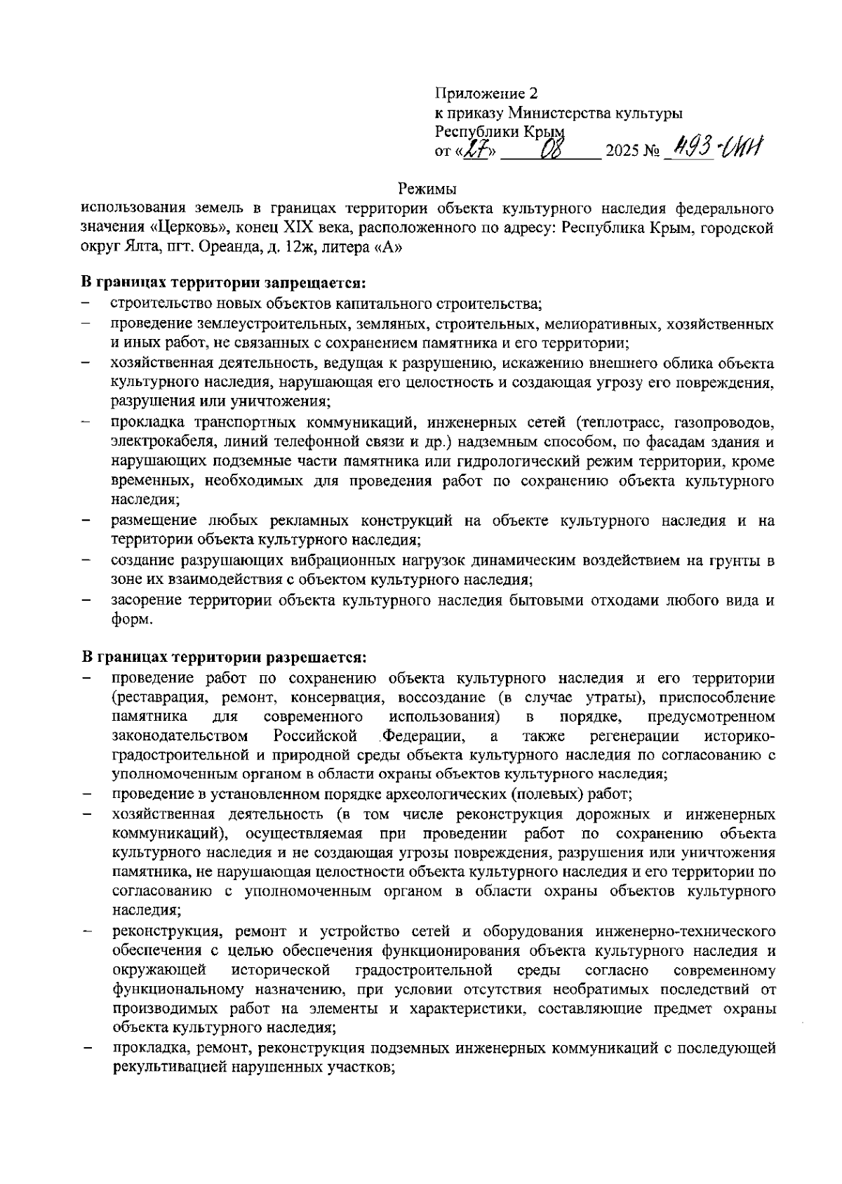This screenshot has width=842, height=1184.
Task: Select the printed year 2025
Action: click(x=622, y=151)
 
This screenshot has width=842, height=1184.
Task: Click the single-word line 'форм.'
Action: click(x=131, y=619)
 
